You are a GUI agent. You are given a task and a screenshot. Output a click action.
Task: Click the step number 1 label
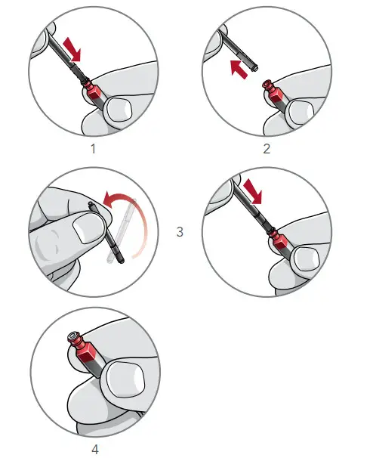tap(94, 149)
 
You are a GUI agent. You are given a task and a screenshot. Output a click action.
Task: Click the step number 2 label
tap(266, 149)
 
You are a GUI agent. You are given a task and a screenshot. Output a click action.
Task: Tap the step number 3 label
tap(180, 232)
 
